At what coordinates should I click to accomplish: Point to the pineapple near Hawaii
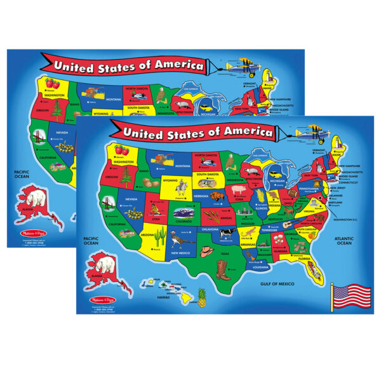tap(203, 297)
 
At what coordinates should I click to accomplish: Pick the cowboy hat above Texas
tap(206, 251)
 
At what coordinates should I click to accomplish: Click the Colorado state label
tap(184, 222)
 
